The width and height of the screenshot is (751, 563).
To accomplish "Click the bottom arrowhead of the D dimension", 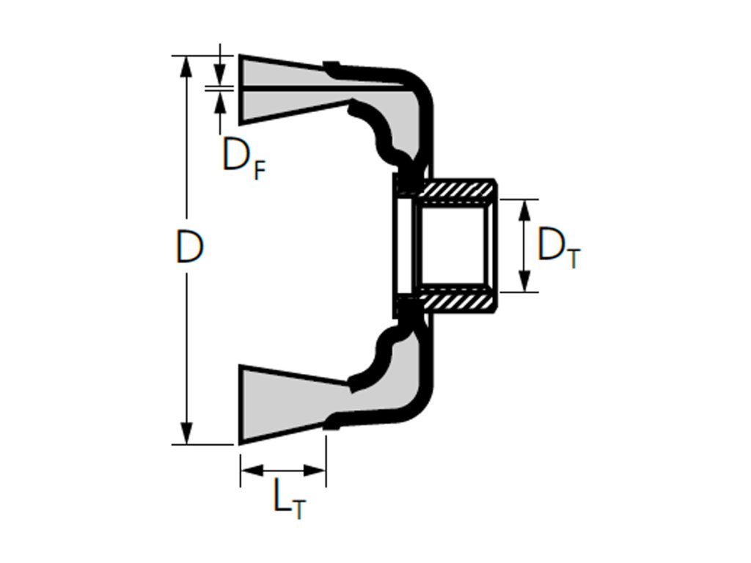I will click(187, 434).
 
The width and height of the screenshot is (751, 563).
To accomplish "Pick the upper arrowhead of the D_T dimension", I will click(524, 209).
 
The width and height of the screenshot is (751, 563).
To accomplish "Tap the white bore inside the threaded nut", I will click(451, 246).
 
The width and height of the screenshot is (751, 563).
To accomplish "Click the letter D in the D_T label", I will click(550, 246).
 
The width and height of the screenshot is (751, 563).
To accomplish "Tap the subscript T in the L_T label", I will click(297, 509).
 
